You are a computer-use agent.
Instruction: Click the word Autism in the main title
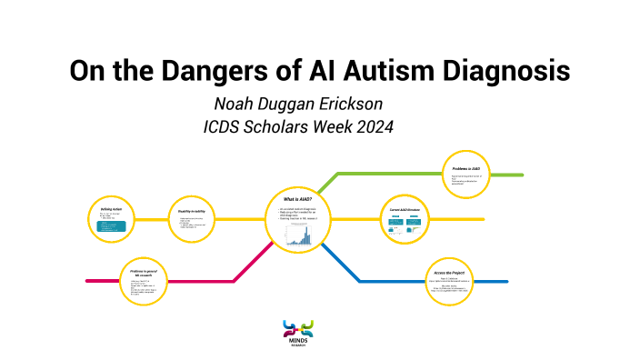coord(372,70)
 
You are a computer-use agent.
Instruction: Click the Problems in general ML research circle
coord(146,281)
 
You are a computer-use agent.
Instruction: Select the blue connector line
coord(382,281)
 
